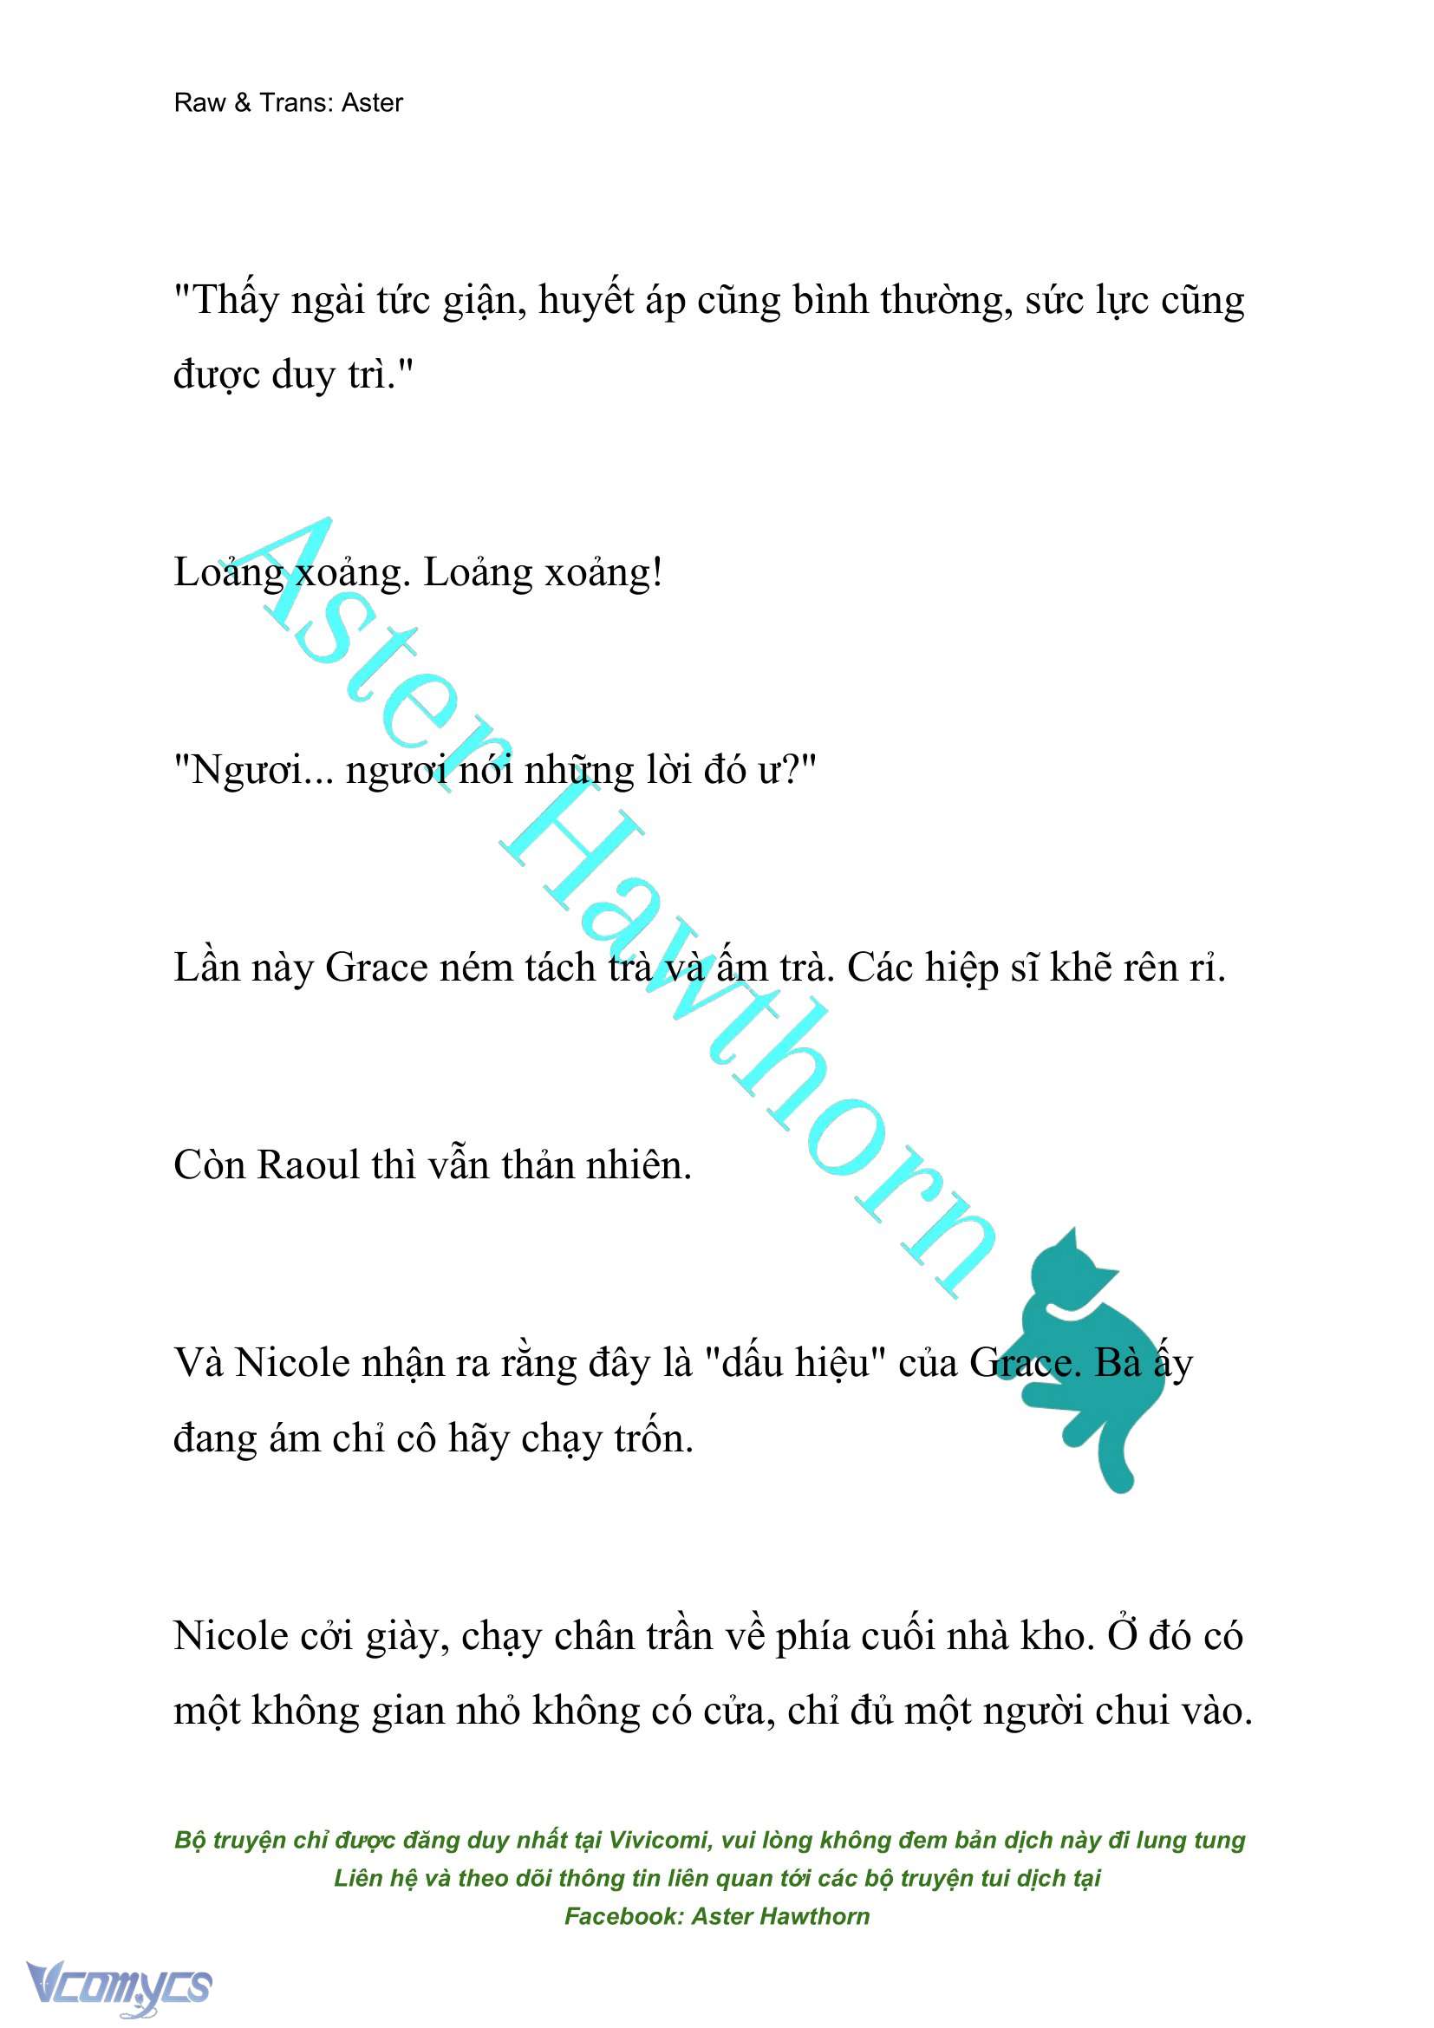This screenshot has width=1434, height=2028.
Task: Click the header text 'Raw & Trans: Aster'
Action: click(288, 102)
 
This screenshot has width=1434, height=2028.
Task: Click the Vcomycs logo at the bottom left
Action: click(118, 1986)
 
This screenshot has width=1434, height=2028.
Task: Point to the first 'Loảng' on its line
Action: click(229, 573)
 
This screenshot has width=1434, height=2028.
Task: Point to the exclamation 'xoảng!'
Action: click(603, 573)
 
